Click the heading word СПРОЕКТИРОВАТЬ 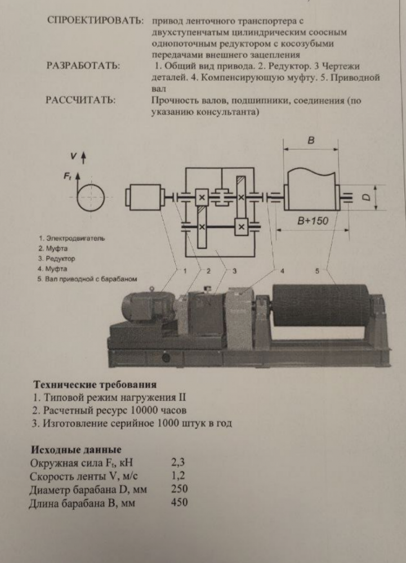92,21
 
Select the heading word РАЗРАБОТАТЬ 82,66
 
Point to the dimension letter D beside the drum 365,197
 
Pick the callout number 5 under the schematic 317,271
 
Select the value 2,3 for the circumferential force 177,463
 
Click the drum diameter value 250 179,489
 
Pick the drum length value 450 179,502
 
